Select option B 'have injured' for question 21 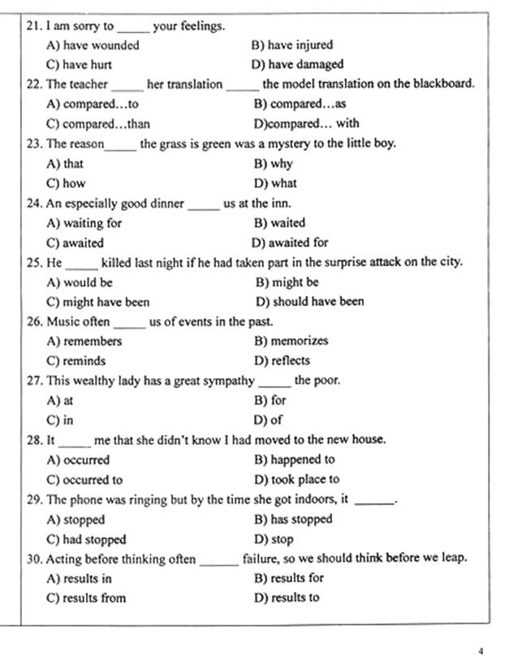[292, 45]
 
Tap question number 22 [35, 84]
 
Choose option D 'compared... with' [306, 124]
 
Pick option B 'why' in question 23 [273, 164]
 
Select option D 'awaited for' [290, 243]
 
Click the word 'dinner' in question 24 [167, 204]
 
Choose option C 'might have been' [97, 302]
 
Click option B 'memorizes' [291, 342]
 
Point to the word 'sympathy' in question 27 [231, 381]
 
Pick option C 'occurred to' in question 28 [84, 480]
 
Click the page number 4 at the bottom [481, 650]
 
